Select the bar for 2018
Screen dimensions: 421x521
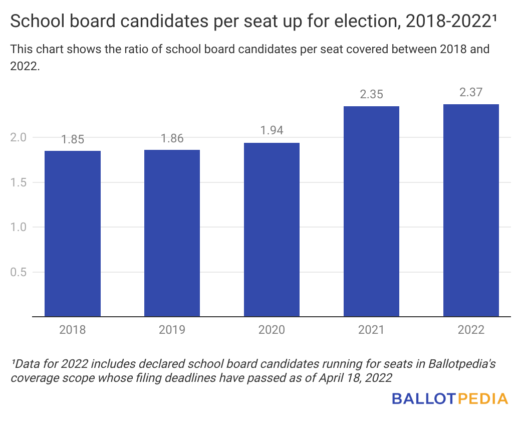73,234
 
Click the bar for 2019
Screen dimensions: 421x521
172,233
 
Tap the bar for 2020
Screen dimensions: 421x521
272,230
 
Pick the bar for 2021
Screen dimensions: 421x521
371,211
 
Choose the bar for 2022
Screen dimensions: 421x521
471,210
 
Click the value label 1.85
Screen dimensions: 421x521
73,140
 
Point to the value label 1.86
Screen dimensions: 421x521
172,139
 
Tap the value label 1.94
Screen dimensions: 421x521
272,131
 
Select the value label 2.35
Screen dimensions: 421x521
371,94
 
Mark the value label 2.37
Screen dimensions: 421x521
471,93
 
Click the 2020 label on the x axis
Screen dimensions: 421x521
272,330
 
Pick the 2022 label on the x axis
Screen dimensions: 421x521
471,330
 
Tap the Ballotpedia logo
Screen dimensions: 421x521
450,399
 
